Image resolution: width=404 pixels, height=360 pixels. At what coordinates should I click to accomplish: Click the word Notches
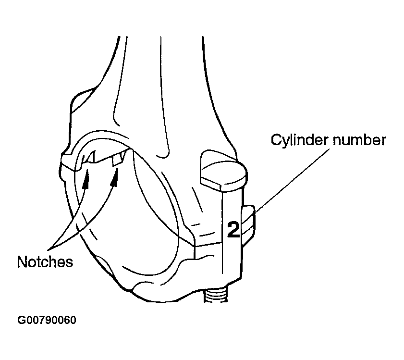(45, 262)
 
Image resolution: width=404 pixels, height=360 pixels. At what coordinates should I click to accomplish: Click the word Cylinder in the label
(299, 140)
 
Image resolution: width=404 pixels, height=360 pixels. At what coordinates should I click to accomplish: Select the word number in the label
(359, 140)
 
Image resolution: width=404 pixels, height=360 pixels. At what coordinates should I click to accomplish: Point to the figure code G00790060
(47, 320)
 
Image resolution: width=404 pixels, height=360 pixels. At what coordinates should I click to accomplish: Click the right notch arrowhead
(115, 177)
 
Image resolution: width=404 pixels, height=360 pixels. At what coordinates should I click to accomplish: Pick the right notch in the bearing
(119, 160)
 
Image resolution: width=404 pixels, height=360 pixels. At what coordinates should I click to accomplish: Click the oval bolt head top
(223, 171)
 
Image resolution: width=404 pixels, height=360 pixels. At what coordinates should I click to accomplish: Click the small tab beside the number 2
(248, 225)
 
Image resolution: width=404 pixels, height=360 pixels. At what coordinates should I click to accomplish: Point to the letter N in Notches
(22, 262)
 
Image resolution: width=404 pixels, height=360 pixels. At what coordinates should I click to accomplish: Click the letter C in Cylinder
(276, 139)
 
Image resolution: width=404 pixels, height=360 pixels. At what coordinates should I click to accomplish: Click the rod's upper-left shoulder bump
(82, 99)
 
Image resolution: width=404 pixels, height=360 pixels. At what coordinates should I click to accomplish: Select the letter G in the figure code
(21, 320)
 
